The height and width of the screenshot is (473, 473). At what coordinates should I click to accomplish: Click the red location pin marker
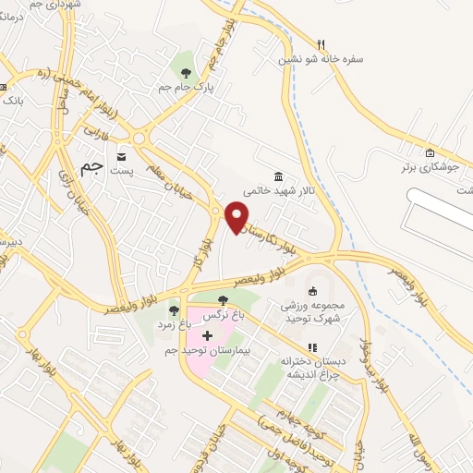[x=237, y=216]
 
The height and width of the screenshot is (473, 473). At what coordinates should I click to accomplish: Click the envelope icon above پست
[x=122, y=155]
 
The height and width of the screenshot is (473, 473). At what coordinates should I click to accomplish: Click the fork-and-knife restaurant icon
[x=321, y=43]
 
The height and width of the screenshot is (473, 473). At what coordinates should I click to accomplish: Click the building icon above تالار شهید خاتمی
[x=278, y=176]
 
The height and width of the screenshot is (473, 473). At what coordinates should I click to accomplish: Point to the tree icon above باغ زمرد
[x=174, y=309]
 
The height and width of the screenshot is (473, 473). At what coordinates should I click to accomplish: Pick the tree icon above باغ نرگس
[x=222, y=299]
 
